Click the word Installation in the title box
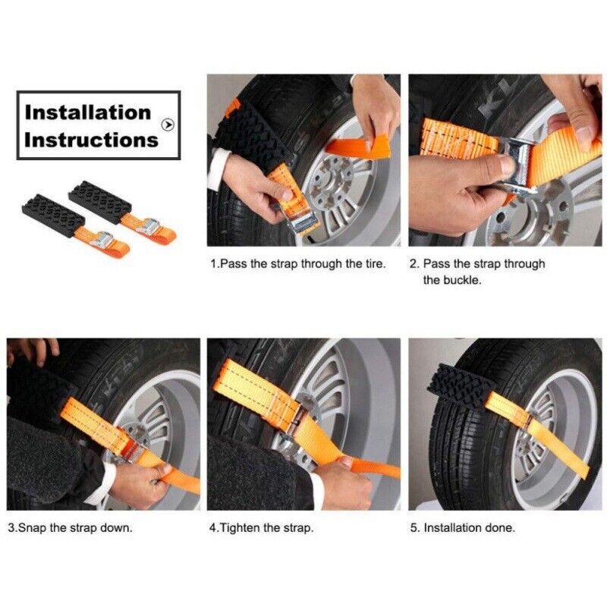[x=87, y=112]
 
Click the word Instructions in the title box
[x=91, y=140]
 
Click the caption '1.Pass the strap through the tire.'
[x=298, y=264]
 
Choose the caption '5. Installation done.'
[x=462, y=527]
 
